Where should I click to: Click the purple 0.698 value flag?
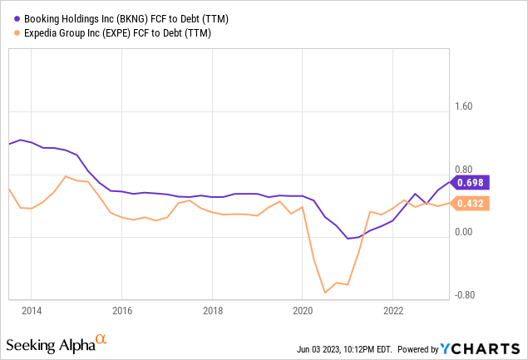point(471,182)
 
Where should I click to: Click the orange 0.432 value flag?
point(471,203)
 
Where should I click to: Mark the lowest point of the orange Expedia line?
point(324,293)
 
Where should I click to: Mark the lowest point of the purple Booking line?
point(348,239)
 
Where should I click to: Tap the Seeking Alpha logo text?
point(50,344)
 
